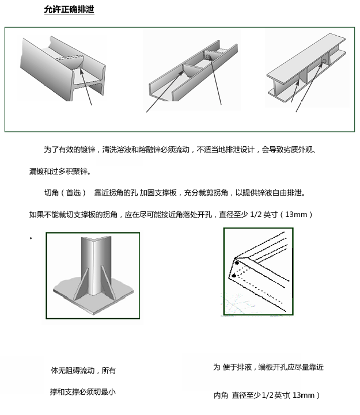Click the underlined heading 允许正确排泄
point(69,10)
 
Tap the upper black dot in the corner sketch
point(237,263)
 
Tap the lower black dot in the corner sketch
point(234,276)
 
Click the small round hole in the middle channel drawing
point(207,56)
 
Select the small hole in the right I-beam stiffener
point(324,61)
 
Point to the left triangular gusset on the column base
point(81,284)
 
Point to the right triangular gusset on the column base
point(108,283)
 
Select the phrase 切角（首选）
point(65,193)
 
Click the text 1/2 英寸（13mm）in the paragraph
point(281,214)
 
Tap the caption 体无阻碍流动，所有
point(83,371)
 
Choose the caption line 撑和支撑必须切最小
point(82,392)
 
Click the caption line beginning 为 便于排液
point(268,367)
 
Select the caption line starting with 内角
point(267,395)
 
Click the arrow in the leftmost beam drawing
point(86,87)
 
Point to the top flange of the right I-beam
point(306,56)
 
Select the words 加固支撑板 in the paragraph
point(158,193)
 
